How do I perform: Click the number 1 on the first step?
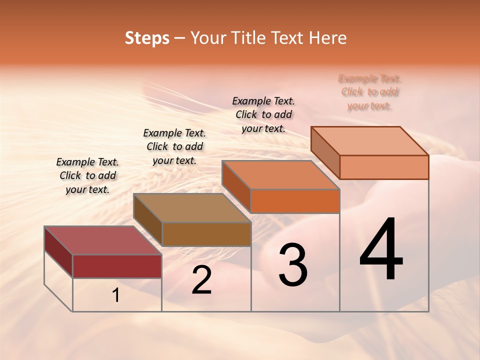pos(116,295)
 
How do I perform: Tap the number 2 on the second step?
pos(201,280)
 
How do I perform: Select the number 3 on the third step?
pos(292,265)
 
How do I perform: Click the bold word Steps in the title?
pos(147,38)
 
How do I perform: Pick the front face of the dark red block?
pos(117,266)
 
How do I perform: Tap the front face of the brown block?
pos(206,234)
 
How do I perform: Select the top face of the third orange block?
pos(280,175)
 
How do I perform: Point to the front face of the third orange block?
pos(295,201)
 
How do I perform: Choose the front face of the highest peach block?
pos(384,167)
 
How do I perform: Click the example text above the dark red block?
pos(87,175)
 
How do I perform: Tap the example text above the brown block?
pos(174,146)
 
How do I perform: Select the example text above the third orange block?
pos(263,114)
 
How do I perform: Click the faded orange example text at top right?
pos(369,92)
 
